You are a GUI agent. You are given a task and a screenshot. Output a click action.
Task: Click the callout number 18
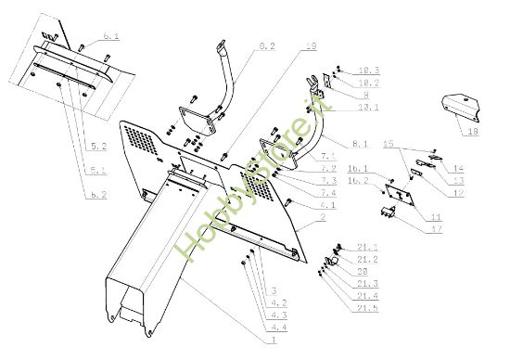click(474, 134)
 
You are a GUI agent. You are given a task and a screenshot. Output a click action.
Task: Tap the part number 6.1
click(111, 36)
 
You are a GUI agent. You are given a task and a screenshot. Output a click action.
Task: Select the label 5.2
click(99, 147)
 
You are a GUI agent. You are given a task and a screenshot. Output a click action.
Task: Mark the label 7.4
click(328, 193)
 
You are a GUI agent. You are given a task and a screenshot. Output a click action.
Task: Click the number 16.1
click(358, 169)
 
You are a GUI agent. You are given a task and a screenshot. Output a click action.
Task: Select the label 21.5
click(368, 307)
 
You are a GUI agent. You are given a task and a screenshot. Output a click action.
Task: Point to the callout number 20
click(363, 272)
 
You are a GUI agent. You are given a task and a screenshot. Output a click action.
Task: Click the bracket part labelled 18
click(459, 107)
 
